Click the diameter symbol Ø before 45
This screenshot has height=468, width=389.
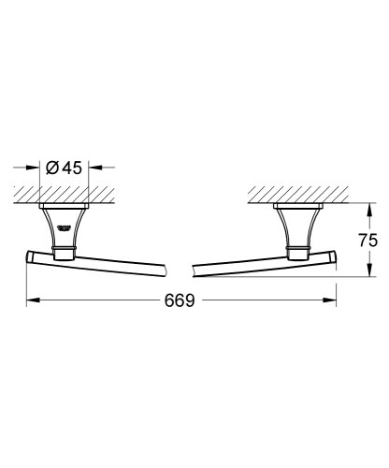(x=53, y=168)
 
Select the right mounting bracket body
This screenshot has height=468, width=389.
(x=297, y=229)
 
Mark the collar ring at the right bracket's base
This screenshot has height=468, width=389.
(x=297, y=251)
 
